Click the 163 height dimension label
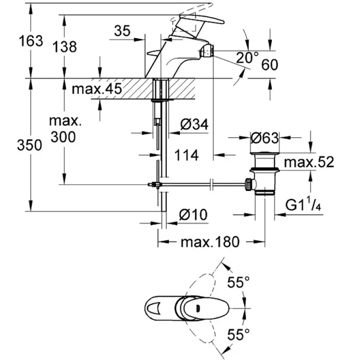coord(31,41)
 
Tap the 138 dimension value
coord(65,47)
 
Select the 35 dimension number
coord(122,31)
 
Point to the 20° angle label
coord(247,57)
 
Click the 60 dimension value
coord(270,64)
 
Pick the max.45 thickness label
coord(97,89)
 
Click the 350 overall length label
coord(29,145)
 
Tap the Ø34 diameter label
coord(194,124)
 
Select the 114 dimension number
coord(187,155)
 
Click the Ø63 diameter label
coord(264,138)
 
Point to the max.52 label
coord(309,162)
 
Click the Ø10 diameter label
coord(193,215)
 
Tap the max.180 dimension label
coord(210,242)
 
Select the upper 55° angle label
coord(239,282)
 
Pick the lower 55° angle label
coord(239,334)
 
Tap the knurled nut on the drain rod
coord(248,184)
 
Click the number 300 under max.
coord(63,137)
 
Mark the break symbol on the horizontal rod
coord(211,184)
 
